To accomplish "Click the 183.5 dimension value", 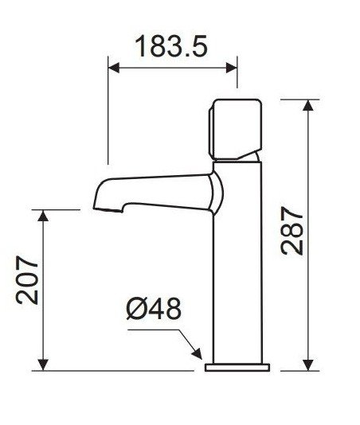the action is coord(171,46).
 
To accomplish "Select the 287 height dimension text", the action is coord(292,231).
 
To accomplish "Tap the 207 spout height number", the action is coord(27,279).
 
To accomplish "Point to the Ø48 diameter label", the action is coord(154,309).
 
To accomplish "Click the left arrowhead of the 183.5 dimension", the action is coord(113,68).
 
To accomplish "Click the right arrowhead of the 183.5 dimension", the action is coord(232,68).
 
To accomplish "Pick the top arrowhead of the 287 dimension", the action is coord(308,105).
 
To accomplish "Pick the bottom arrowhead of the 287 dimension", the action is coord(308,365).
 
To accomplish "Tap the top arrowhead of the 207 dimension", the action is coord(43,215).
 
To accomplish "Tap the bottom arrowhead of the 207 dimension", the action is coord(43,365).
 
